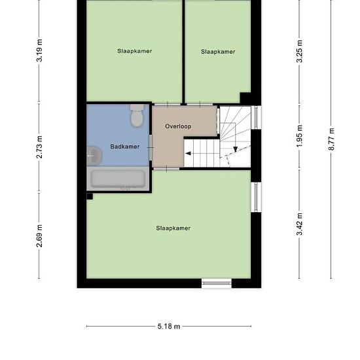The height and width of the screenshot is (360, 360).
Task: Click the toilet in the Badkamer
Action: pyautogui.click(x=137, y=115)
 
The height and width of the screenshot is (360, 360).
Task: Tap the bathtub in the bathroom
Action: pyautogui.click(x=118, y=179)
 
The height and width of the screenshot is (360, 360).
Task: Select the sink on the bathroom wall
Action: pyautogui.click(x=94, y=156)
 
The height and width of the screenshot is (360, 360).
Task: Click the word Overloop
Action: pyautogui.click(x=178, y=126)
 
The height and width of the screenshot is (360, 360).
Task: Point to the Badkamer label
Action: pyautogui.click(x=124, y=147)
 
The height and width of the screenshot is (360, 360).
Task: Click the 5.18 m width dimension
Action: pyautogui.click(x=169, y=326)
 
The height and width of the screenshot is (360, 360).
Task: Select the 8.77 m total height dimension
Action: pyautogui.click(x=331, y=139)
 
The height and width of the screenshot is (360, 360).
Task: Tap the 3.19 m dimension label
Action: pyautogui.click(x=39, y=50)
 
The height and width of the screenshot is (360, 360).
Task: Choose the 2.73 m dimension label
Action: pyautogui.click(x=39, y=147)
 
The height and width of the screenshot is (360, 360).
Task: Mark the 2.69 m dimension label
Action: pyautogui.click(x=39, y=236)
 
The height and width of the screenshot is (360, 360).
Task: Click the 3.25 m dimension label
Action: pyautogui.click(x=299, y=51)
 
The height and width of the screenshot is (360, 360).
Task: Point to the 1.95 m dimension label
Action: pyautogui.click(x=299, y=136)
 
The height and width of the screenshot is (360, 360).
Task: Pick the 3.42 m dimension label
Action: pyautogui.click(x=299, y=224)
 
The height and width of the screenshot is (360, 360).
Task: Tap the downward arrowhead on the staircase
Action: pyautogui.click(x=236, y=149)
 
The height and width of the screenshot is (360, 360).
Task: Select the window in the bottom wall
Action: pyautogui.click(x=217, y=283)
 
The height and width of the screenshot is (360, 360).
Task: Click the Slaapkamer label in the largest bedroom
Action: pyautogui.click(x=173, y=228)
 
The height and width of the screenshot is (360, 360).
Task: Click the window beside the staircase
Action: pyautogui.click(x=256, y=117)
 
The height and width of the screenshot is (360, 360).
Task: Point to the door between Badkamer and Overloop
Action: pyautogui.click(x=151, y=147)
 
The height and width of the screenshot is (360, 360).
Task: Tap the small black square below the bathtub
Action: pyautogui.click(x=90, y=196)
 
